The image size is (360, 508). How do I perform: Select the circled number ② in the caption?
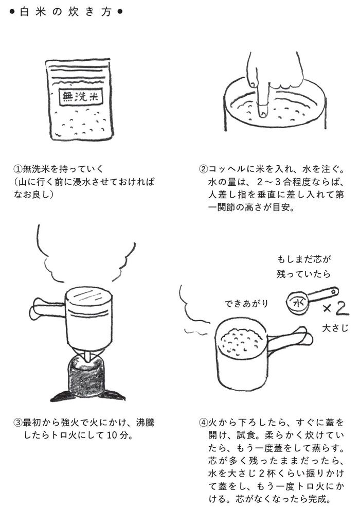203,169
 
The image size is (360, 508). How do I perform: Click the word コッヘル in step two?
227,169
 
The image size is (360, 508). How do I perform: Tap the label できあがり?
246,303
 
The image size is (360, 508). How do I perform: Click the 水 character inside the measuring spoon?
297,304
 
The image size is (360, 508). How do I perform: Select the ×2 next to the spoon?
337,310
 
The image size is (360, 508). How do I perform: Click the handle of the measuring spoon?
324,295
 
